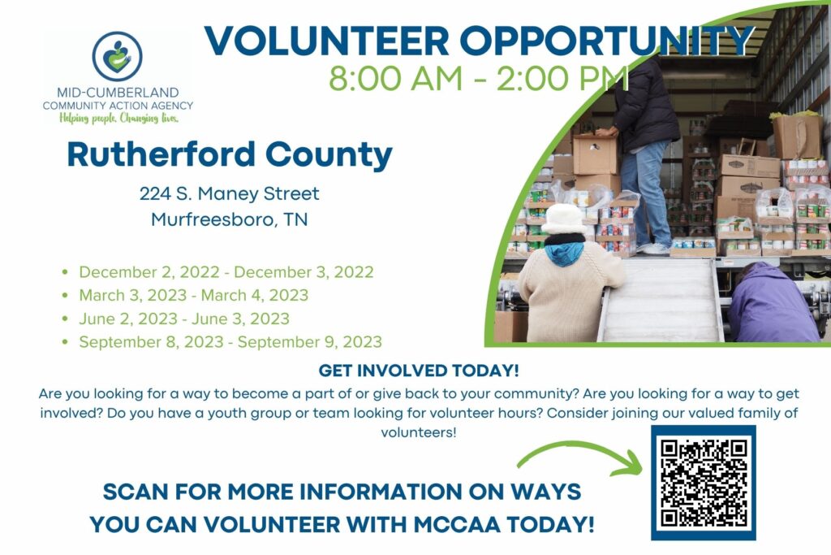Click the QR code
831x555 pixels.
click(704, 483)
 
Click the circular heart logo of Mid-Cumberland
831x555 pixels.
click(117, 56)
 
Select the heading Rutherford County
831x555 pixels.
click(230, 154)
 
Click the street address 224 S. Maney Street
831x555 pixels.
click(230, 193)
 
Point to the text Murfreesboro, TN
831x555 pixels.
click(230, 219)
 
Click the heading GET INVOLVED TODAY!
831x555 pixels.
click(419, 371)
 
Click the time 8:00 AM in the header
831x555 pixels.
click(396, 78)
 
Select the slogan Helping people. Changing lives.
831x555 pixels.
click(118, 118)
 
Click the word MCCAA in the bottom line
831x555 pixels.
click(457, 524)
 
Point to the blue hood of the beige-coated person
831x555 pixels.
click(564, 252)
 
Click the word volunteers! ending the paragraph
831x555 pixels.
click(418, 432)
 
